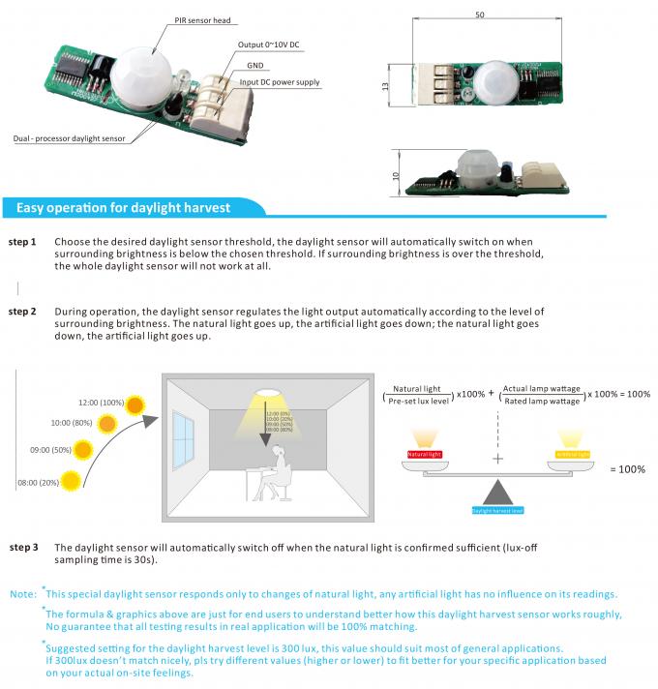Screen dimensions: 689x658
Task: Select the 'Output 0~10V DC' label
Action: [x=268, y=45]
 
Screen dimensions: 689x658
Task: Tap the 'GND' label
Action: [x=255, y=65]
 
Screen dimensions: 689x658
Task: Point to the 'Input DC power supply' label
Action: [x=280, y=83]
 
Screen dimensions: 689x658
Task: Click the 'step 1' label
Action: [x=22, y=241]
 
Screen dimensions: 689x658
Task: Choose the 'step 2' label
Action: [x=22, y=312]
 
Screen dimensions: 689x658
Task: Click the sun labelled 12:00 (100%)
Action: [x=137, y=404]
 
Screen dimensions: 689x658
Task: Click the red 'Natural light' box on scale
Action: [x=424, y=453]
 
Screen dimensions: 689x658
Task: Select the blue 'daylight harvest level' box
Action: [x=497, y=507]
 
